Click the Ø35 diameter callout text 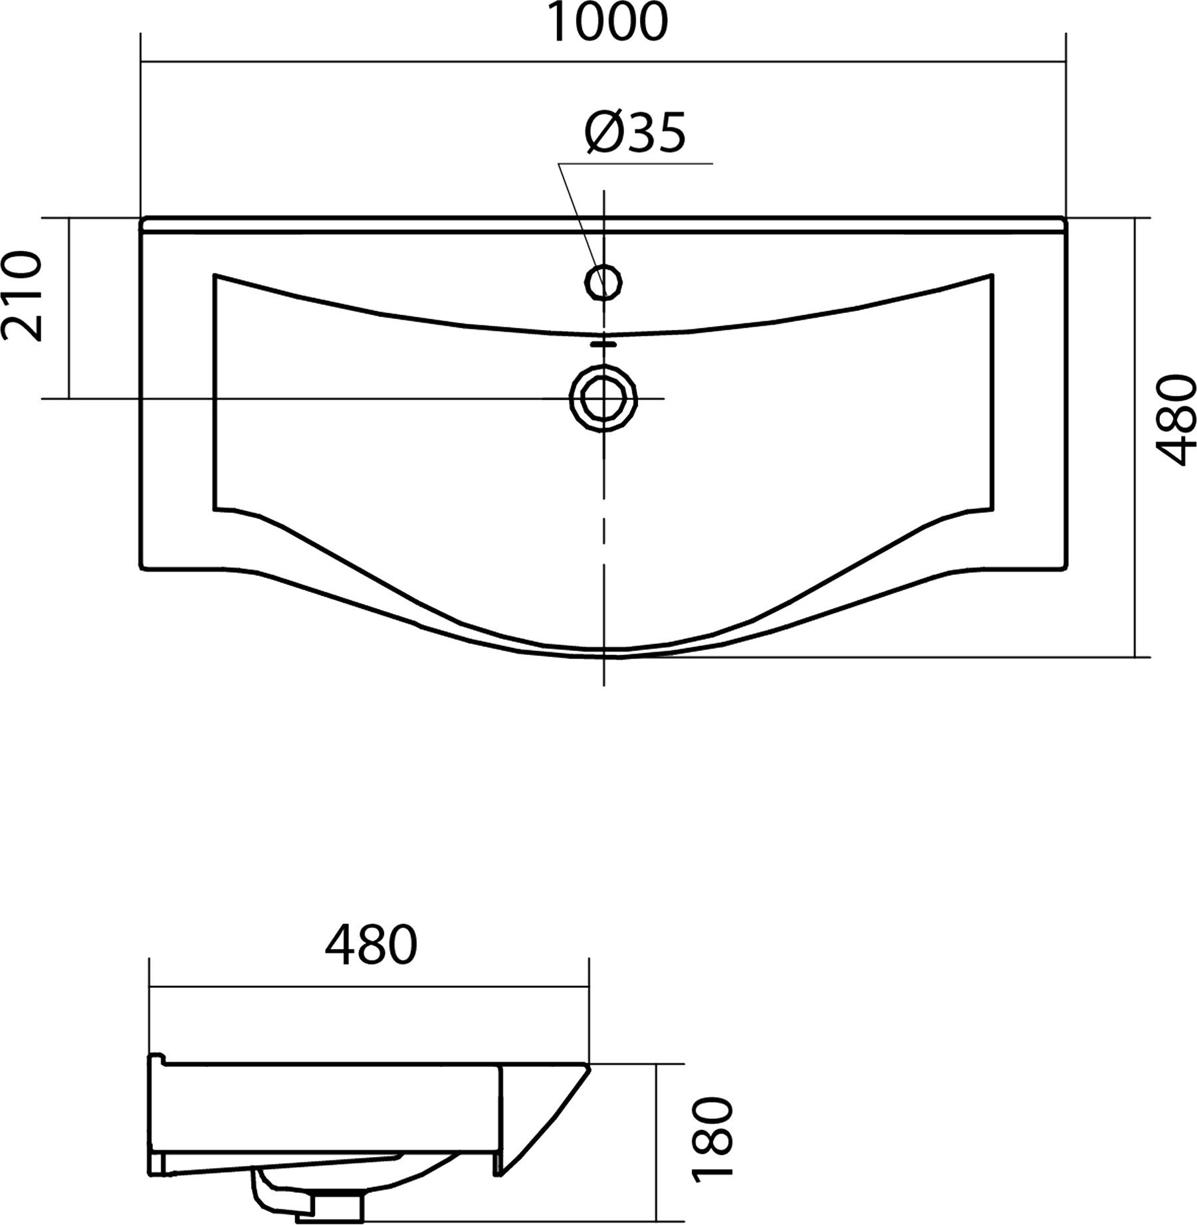(x=635, y=133)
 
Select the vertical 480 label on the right (x=1176, y=421)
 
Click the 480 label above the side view (x=371, y=945)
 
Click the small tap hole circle (x=603, y=282)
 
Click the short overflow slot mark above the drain (x=603, y=343)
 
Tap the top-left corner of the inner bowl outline (x=215, y=274)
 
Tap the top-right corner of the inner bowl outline (x=993, y=274)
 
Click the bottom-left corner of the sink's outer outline (x=142, y=568)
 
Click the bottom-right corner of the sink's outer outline (x=1065, y=568)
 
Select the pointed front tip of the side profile (x=588, y=1066)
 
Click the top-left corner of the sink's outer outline (x=142, y=219)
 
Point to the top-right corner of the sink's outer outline (x=1065, y=219)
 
